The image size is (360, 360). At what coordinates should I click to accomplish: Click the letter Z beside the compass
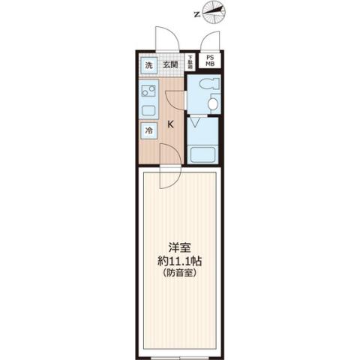[x=196, y=13]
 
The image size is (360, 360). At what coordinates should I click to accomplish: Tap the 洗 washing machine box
[x=148, y=65]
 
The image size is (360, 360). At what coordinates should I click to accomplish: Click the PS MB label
[x=209, y=62]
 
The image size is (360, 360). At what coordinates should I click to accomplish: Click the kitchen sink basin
[x=148, y=111]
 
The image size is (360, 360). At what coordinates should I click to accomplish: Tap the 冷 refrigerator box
[x=148, y=129]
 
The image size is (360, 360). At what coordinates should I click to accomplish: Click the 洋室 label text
[x=179, y=247]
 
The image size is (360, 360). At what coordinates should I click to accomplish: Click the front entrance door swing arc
[x=165, y=39]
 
